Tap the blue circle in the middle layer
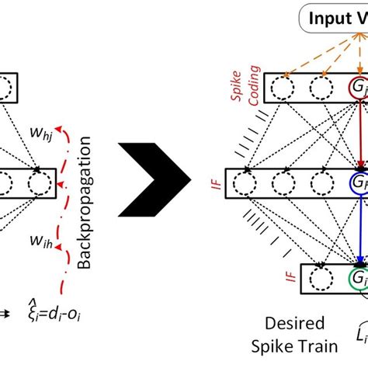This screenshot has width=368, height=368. (358, 184)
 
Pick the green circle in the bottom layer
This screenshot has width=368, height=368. (358, 278)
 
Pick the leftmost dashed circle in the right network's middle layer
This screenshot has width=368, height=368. (246, 184)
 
